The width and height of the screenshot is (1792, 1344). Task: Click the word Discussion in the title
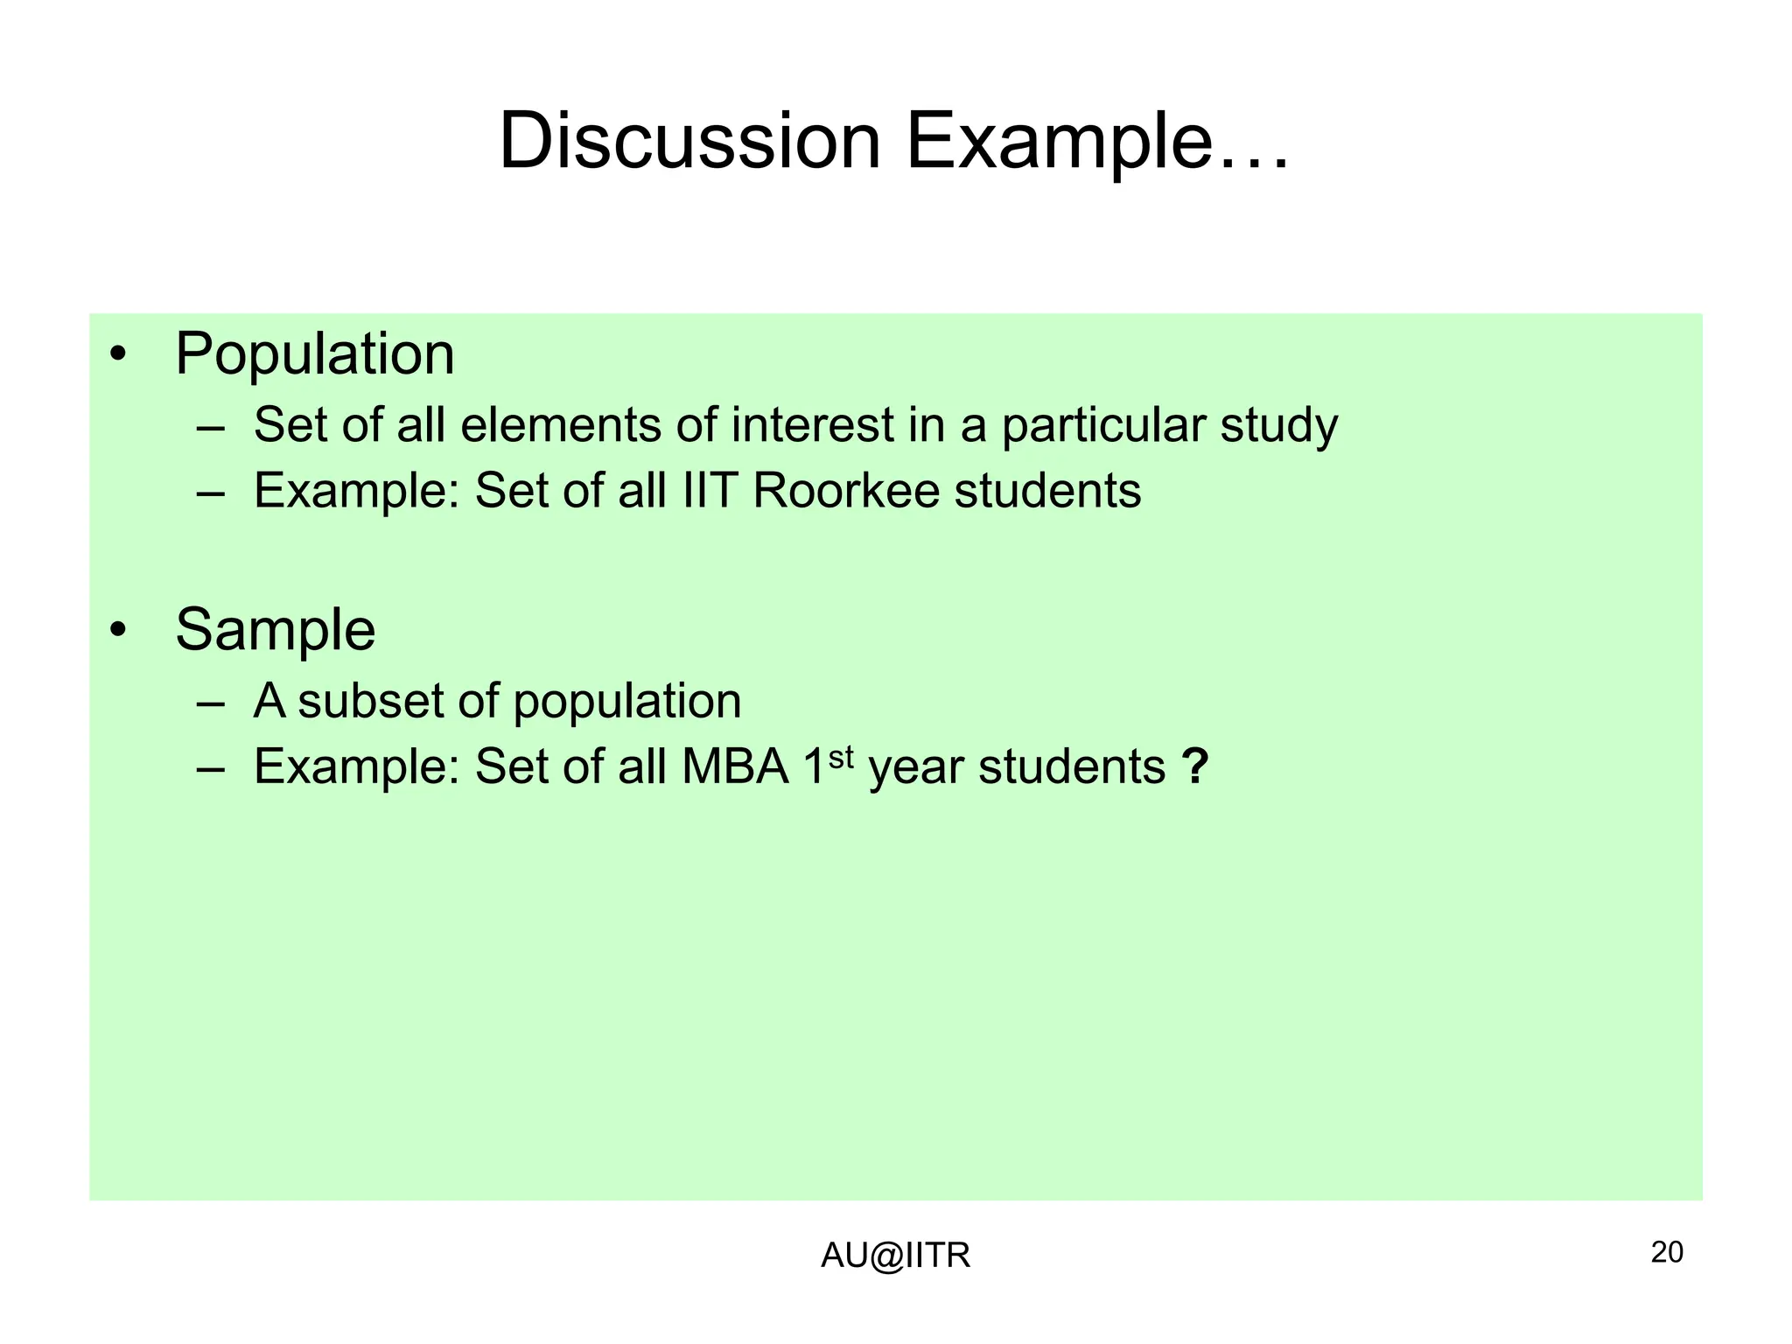coord(689,142)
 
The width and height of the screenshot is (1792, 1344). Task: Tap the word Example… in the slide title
coord(1097,142)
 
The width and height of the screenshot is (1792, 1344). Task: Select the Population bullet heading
coord(315,355)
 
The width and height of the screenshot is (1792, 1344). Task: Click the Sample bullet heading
coord(276,630)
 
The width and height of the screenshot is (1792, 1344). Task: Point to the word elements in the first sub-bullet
coord(561,426)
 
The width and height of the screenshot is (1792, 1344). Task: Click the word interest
coord(813,426)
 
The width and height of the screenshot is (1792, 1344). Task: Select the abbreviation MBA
coord(736,767)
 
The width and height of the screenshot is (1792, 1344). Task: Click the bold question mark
coord(1194,767)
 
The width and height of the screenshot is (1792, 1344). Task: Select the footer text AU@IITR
coord(895,1256)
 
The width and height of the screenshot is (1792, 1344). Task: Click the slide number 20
coord(1666,1253)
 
